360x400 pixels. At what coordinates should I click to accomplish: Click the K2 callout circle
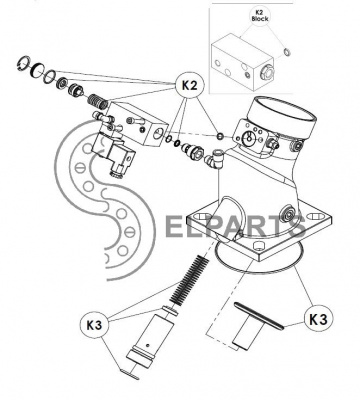(x=189, y=86)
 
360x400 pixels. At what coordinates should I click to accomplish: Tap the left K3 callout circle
(x=94, y=325)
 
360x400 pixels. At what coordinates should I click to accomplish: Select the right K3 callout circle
(x=318, y=319)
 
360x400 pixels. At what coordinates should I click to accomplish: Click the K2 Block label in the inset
(x=260, y=16)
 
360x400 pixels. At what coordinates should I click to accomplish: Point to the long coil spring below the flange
(x=189, y=280)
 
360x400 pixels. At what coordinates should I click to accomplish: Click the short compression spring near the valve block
(x=97, y=100)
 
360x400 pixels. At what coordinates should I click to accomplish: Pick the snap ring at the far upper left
(x=24, y=64)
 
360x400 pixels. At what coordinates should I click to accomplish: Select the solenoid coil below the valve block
(x=113, y=153)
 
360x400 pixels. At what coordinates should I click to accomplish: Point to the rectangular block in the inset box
(x=243, y=64)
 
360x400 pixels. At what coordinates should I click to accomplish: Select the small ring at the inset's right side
(x=286, y=52)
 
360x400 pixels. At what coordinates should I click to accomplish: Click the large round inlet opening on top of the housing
(x=284, y=113)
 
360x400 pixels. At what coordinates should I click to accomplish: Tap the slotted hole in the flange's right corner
(x=313, y=217)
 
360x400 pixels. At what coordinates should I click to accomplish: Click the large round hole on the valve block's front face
(x=158, y=134)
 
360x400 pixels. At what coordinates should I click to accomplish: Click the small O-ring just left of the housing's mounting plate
(x=220, y=136)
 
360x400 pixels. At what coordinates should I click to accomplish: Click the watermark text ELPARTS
(x=235, y=227)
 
